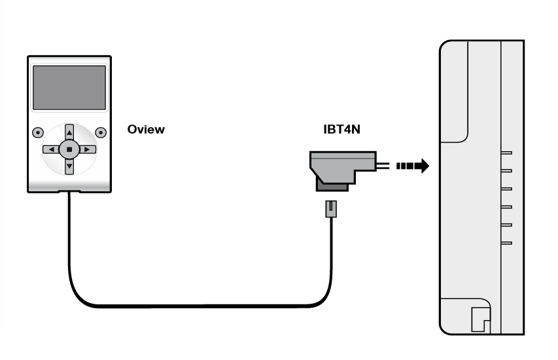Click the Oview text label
[x=146, y=130]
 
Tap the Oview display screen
[x=69, y=88]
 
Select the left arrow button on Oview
[x=51, y=149]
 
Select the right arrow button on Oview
[x=88, y=149]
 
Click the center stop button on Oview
[x=69, y=149]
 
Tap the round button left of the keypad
[x=38, y=132]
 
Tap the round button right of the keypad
[x=101, y=132]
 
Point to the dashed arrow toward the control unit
[x=412, y=166]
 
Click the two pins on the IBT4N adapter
[x=383, y=166]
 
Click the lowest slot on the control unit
[x=506, y=243]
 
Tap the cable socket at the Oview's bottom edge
[x=69, y=192]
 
